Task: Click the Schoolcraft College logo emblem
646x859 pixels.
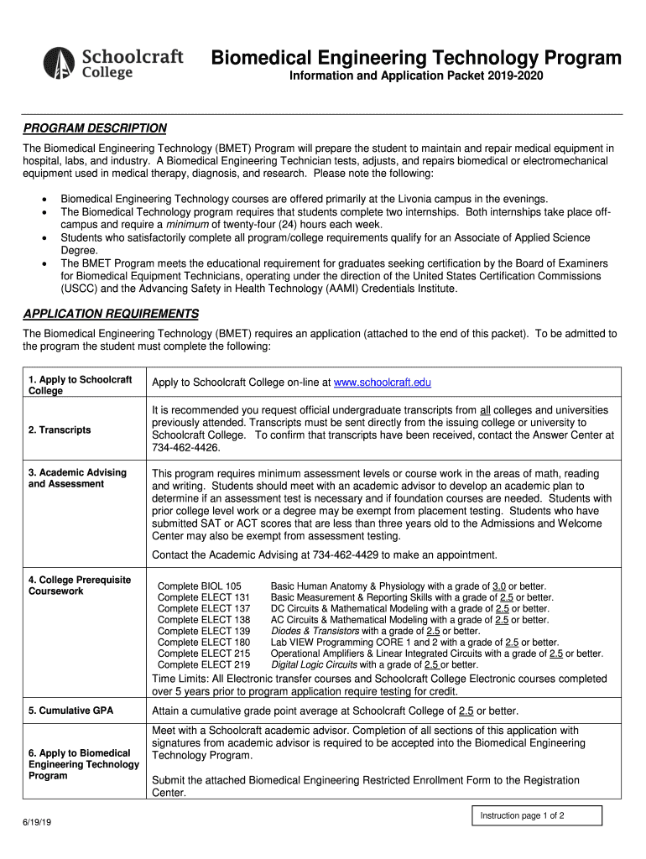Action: pos(60,63)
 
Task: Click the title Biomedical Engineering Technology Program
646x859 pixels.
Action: pos(415,58)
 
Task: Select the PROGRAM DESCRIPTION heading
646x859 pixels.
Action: pos(94,128)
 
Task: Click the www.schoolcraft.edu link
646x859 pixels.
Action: pos(382,383)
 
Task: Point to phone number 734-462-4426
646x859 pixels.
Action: pos(185,448)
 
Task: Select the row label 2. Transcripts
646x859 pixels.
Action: pos(59,430)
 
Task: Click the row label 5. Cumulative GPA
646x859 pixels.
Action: pos(70,711)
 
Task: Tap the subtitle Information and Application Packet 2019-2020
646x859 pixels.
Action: pos(416,77)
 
